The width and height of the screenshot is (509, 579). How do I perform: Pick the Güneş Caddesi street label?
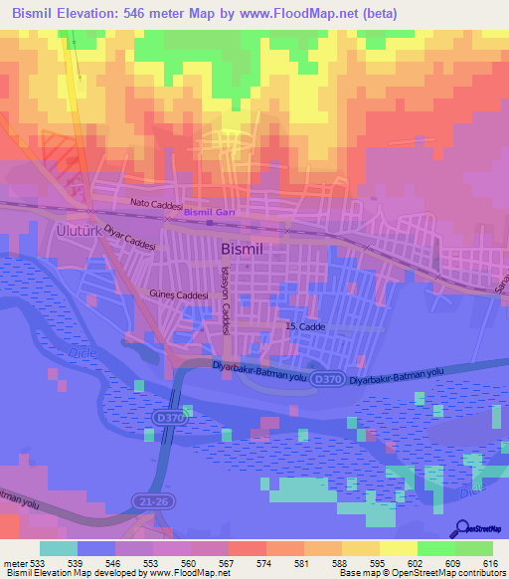tap(182, 295)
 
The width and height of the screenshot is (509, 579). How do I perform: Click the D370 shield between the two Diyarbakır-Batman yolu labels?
tap(324, 378)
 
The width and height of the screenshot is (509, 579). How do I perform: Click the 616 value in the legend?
tap(490, 563)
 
